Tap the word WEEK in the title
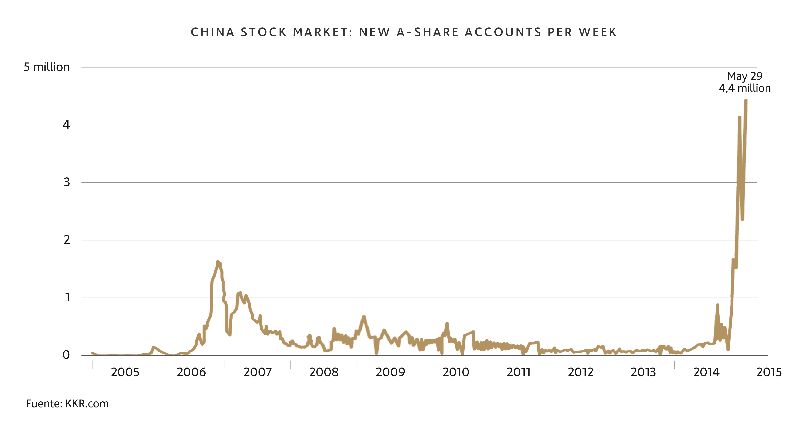598,32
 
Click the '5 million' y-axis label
47,67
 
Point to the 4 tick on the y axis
66,125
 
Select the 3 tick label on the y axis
66,182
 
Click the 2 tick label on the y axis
66,240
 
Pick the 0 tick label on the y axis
66,355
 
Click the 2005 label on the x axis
125,372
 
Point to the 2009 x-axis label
390,372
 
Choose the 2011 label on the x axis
518,372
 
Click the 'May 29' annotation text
745,76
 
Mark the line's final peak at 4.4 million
746,100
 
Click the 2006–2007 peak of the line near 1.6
218,262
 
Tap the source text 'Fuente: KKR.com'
67,403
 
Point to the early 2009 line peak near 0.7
363,317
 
